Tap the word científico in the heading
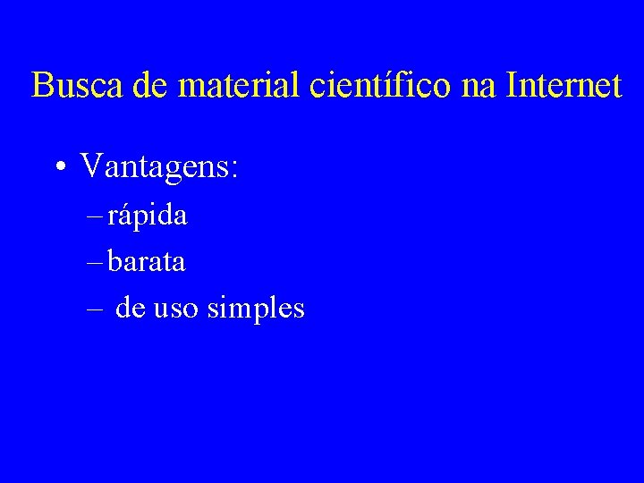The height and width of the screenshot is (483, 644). pos(382,87)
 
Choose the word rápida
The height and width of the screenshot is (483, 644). pos(148,216)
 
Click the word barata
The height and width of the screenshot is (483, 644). pos(147,262)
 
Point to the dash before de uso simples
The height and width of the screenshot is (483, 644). pos(95,309)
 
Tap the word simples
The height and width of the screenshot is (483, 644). pos(256,309)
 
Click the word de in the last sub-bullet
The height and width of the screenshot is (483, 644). pos(131,309)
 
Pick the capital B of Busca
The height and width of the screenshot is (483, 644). pos(41,86)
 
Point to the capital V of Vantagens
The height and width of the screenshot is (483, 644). pos(90,165)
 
